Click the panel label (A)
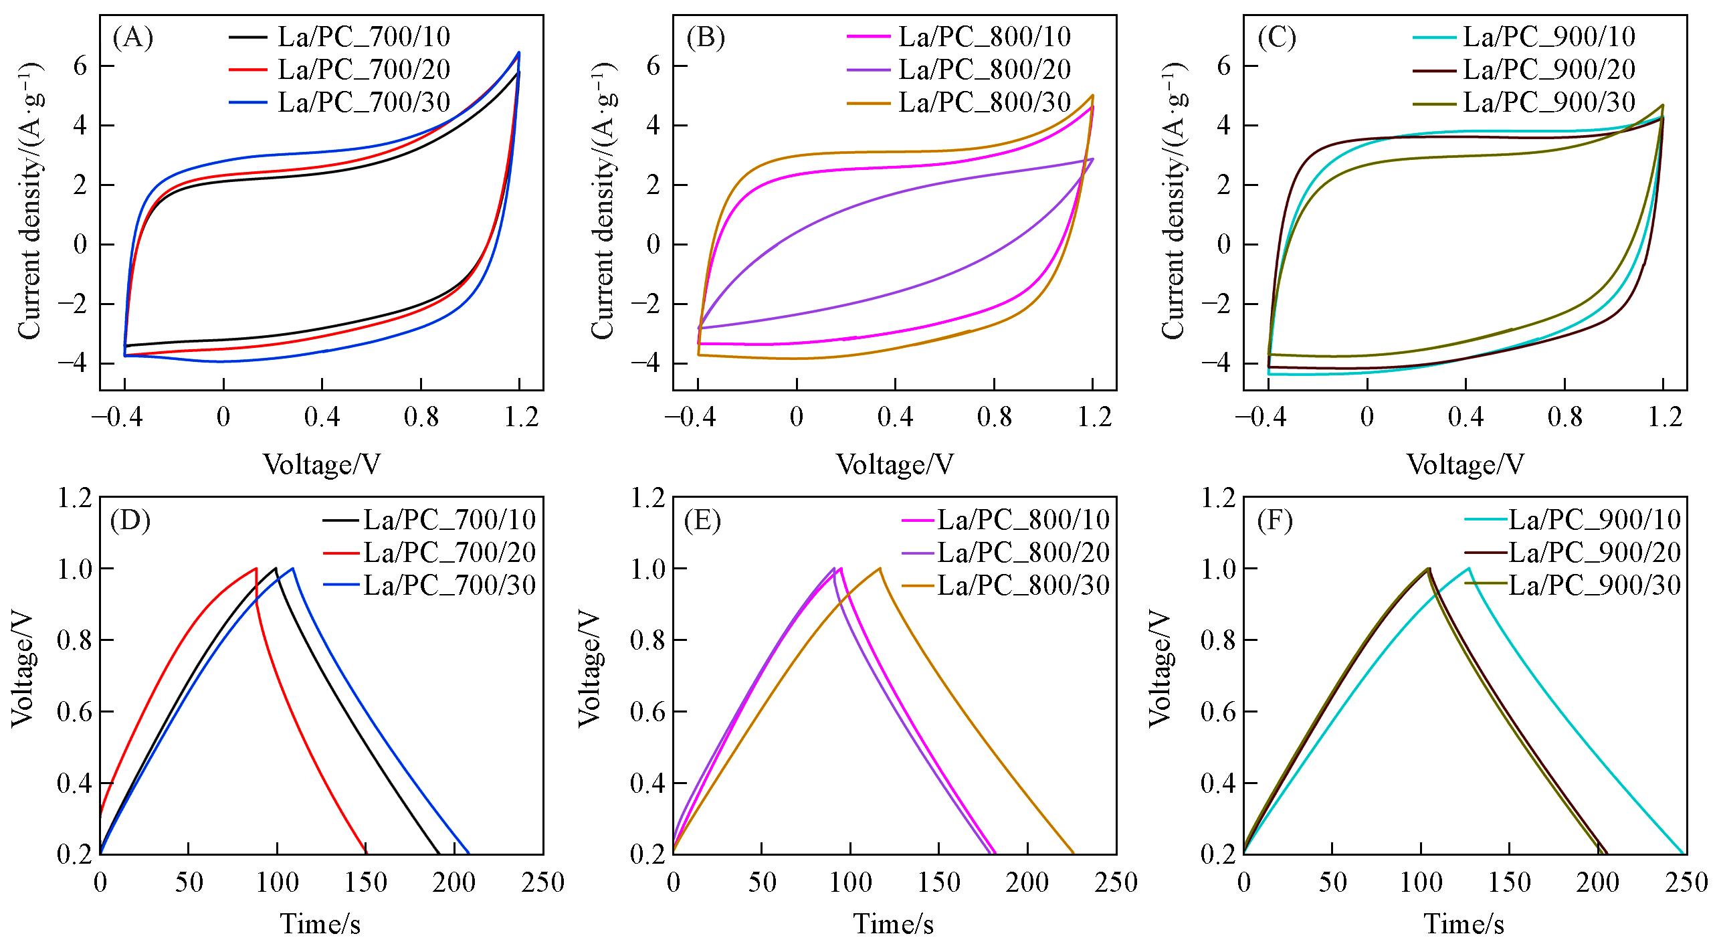133,39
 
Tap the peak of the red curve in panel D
256,569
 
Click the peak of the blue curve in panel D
292,569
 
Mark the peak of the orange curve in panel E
880,569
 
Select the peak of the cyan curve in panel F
1469,569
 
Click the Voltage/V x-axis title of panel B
895,464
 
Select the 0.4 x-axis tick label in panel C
1465,417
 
